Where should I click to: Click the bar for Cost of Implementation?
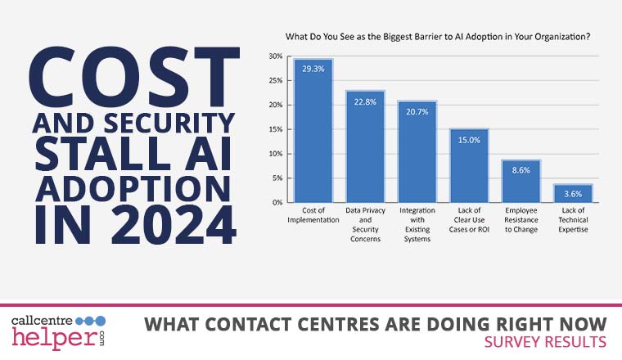313,135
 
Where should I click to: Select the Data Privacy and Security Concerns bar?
365,151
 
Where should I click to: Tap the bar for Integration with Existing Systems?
417,155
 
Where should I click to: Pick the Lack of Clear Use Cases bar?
469,168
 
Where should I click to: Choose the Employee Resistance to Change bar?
521,182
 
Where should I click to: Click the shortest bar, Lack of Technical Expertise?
573,194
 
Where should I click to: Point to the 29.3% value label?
313,69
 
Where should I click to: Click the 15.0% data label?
469,138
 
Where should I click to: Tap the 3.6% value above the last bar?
573,193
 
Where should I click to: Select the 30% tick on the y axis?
276,56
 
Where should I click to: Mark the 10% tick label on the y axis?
276,154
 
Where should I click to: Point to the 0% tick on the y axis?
278,202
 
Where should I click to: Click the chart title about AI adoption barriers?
438,37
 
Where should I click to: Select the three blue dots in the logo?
84,320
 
